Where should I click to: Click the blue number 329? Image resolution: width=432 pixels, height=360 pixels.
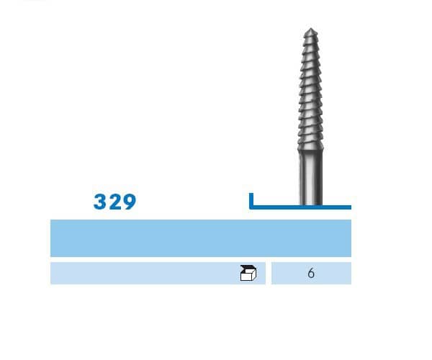point(114,202)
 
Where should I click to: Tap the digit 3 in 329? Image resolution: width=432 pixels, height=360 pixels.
point(100,202)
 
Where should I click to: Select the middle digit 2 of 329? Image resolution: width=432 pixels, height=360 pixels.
point(114,202)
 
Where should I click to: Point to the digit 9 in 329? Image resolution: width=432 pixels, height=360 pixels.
point(129,202)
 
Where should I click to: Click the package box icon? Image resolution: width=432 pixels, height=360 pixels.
point(248,273)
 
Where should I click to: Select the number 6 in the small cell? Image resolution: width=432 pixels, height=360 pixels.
point(311,274)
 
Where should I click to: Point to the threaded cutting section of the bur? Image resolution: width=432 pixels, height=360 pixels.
point(311,86)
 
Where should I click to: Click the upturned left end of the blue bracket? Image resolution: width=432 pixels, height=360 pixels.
point(251,195)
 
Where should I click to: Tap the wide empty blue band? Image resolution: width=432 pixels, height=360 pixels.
point(200,238)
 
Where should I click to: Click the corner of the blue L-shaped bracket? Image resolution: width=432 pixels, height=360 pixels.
point(251,207)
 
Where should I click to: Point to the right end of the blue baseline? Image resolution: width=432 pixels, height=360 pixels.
point(349,207)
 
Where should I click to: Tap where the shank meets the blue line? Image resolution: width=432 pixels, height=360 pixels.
point(311,205)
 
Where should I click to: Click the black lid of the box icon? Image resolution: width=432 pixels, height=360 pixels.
point(248,268)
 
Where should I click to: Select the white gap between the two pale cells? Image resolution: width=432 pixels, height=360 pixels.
point(269,274)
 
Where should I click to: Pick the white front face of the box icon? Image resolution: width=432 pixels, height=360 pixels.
point(246,275)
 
